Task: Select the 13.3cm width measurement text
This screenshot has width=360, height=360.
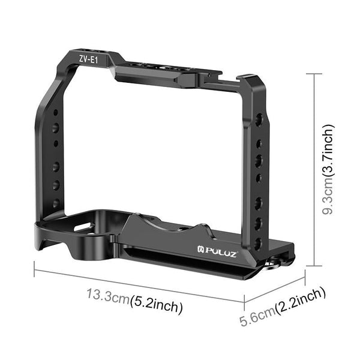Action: (107, 297)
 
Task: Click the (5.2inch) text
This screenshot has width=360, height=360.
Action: (156, 307)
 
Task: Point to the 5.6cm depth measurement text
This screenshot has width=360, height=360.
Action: (257, 311)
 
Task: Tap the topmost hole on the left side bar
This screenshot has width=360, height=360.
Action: (55, 112)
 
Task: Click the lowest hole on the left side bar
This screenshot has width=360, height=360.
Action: (56, 203)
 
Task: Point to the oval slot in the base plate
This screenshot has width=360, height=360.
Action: (82, 229)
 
